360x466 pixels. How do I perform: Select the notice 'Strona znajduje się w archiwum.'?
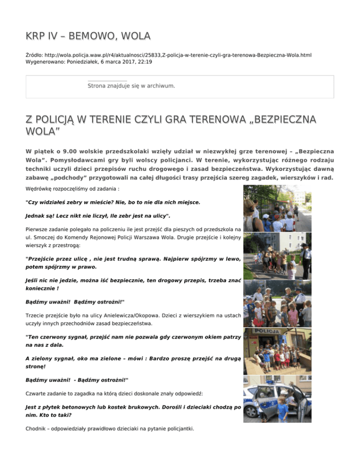(131, 86)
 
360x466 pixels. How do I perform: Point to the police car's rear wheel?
(251, 410)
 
